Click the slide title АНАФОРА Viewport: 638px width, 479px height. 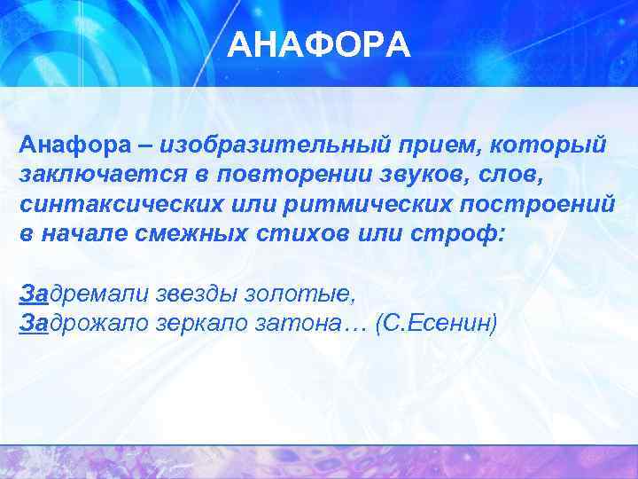[x=319, y=44]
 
